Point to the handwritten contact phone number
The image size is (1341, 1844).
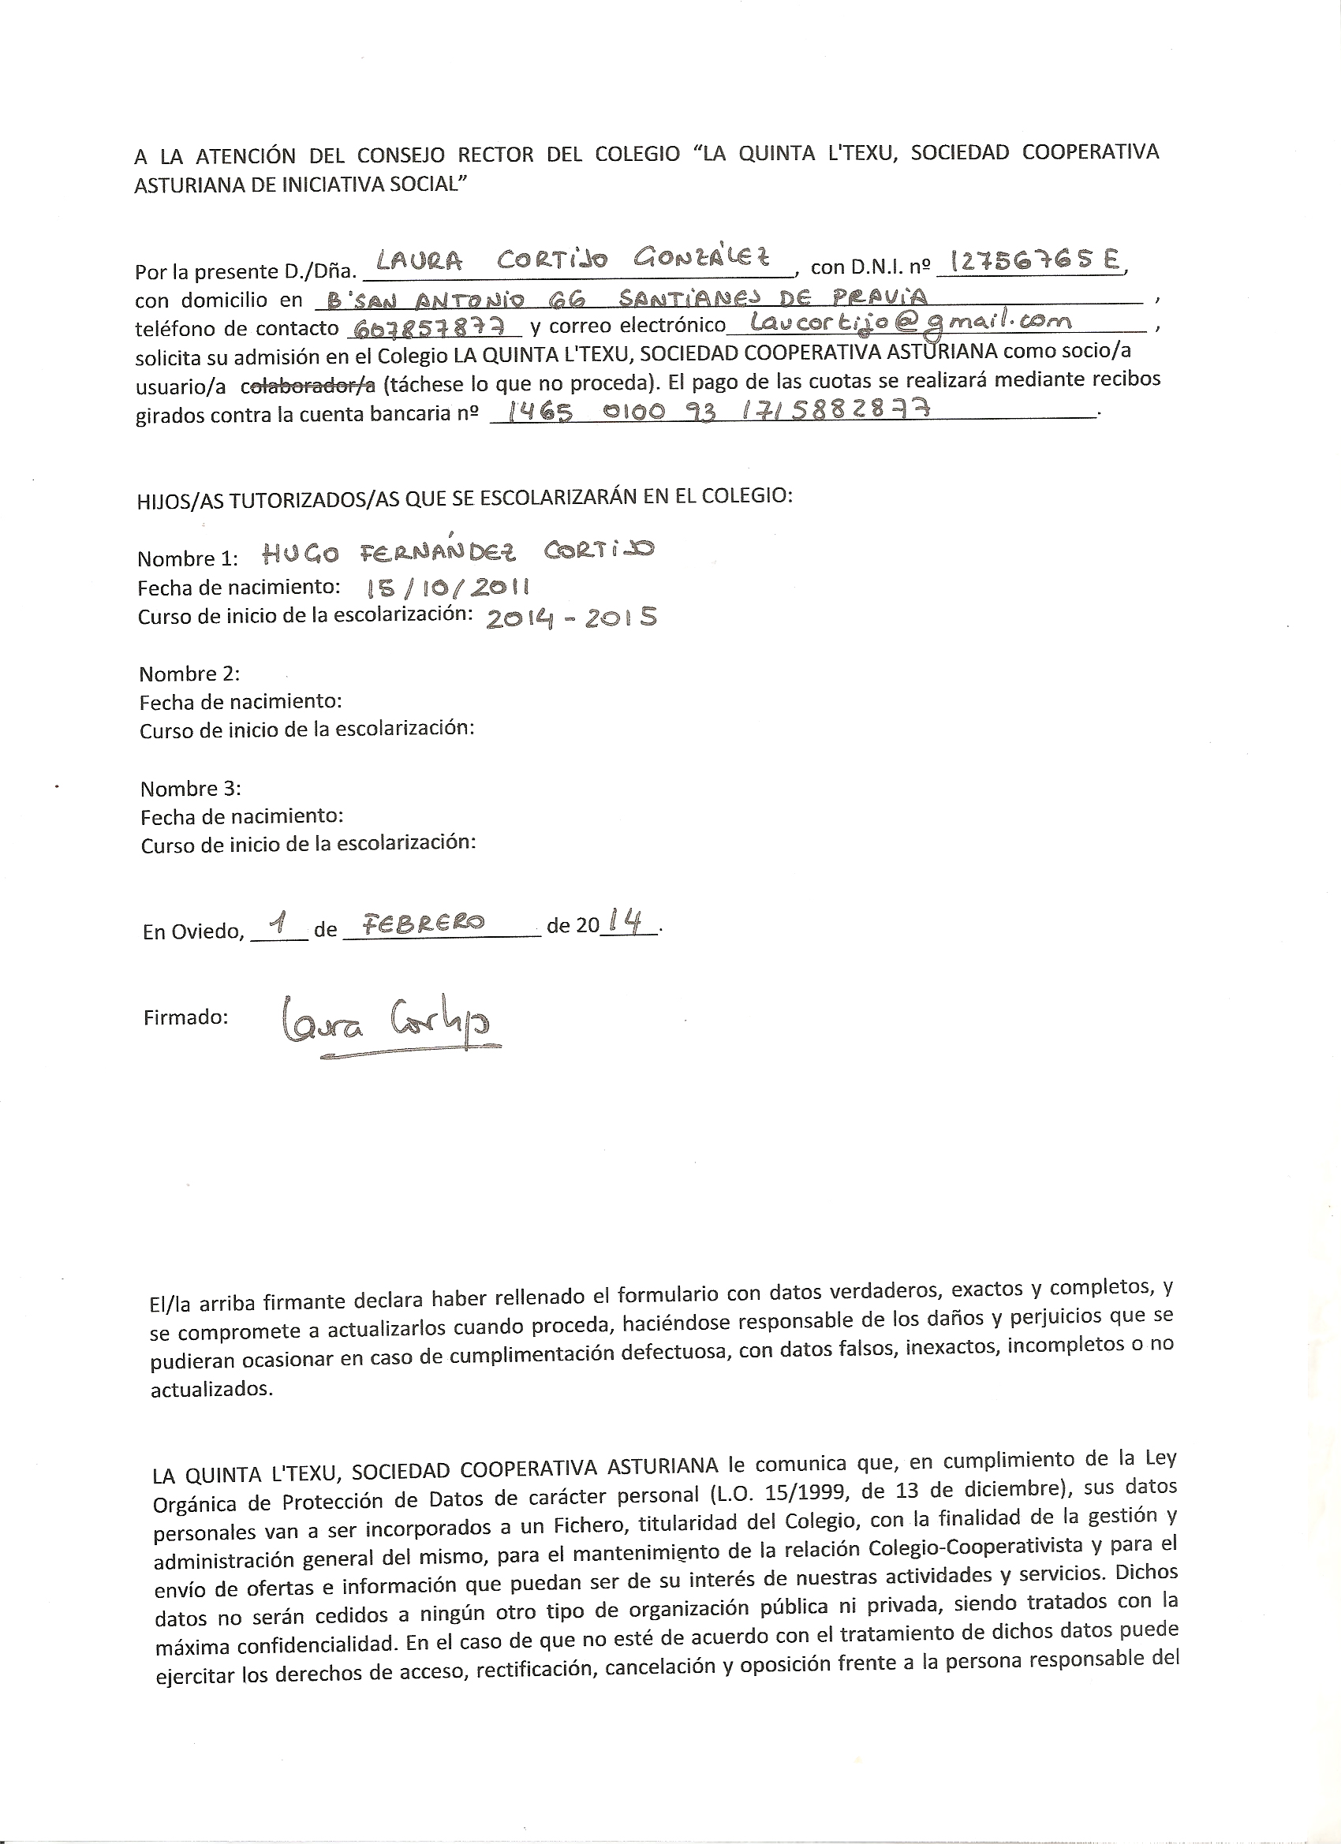point(433,326)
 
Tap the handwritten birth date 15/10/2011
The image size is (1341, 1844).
point(438,587)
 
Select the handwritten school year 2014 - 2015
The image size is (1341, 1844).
point(570,618)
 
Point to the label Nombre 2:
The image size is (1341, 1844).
point(189,674)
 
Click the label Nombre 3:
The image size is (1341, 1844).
point(190,789)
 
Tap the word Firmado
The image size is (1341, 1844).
point(185,1017)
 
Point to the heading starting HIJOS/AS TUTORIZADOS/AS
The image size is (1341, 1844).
point(464,498)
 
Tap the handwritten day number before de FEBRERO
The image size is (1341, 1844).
point(280,922)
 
